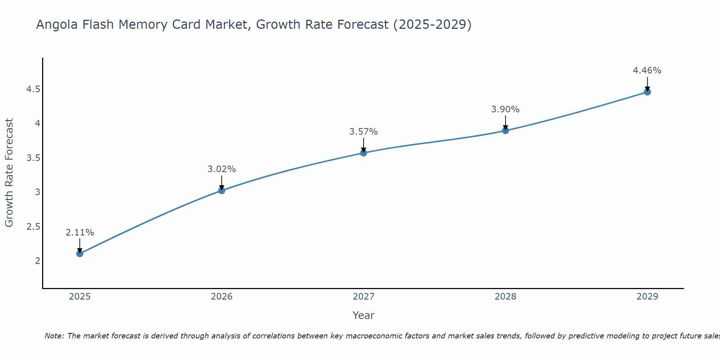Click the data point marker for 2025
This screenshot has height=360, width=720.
[x=80, y=253]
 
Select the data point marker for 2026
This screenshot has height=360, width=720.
[x=222, y=190]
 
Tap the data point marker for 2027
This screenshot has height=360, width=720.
[x=364, y=153]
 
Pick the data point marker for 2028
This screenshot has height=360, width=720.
[x=505, y=130]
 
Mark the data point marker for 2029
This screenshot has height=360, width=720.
[x=647, y=92]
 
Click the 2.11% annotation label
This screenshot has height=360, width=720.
[x=80, y=233]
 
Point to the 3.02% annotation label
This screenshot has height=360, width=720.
[x=222, y=169]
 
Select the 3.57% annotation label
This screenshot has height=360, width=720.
[x=364, y=132]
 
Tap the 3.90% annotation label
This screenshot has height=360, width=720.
[x=505, y=109]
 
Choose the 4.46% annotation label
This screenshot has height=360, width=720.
[x=647, y=71]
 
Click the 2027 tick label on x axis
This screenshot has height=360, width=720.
[x=364, y=297]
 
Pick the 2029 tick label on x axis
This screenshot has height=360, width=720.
[x=647, y=297]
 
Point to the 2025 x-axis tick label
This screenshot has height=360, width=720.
[x=80, y=297]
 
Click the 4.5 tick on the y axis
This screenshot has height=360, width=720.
[x=33, y=89]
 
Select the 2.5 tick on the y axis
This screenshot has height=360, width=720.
[x=33, y=226]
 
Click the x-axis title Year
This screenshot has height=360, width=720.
[x=364, y=315]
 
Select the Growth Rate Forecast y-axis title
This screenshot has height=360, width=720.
[x=9, y=173]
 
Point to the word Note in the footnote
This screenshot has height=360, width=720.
[x=54, y=336]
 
